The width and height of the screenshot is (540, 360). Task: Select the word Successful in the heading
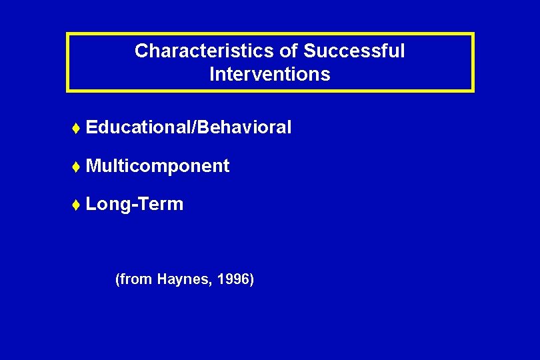(x=354, y=51)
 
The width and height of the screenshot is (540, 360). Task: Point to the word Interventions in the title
(x=269, y=74)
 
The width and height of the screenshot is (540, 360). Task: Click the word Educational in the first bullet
(x=138, y=127)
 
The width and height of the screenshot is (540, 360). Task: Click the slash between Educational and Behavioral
(x=193, y=127)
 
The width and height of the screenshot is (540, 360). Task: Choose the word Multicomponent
(x=157, y=166)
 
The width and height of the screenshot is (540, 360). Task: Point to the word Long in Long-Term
(x=106, y=204)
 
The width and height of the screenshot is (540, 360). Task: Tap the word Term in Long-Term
(x=160, y=204)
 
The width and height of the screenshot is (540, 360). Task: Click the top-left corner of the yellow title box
(x=67, y=33)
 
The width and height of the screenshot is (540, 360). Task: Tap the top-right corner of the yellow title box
(x=473, y=33)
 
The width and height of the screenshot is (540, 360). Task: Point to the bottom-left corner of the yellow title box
(x=67, y=91)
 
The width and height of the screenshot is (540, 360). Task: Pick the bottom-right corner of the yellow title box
(x=473, y=91)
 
